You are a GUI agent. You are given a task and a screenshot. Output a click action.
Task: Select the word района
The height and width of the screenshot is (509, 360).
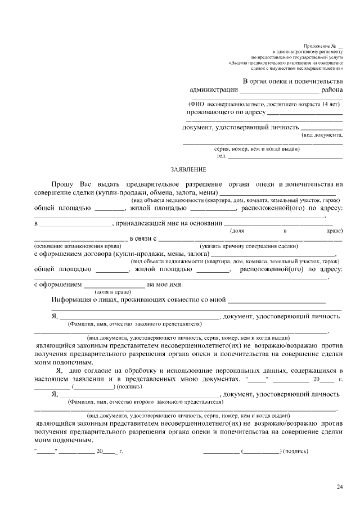332,89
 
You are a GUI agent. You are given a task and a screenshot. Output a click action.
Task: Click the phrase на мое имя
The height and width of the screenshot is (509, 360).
166,285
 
